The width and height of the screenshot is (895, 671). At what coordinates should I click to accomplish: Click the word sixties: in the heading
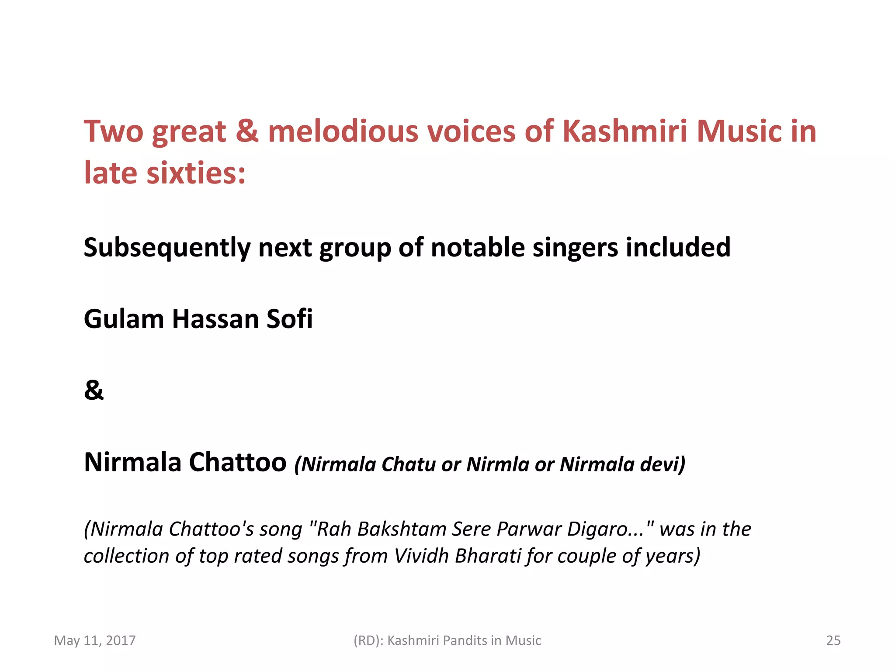(196, 173)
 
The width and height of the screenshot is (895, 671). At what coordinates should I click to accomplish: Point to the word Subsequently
(167, 248)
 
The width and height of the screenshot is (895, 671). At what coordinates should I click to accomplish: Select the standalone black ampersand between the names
(94, 390)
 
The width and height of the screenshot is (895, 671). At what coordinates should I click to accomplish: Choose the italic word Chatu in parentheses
(409, 464)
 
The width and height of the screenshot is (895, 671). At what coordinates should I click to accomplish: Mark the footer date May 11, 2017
(95, 640)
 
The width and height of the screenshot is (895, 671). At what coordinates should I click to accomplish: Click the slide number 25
(833, 640)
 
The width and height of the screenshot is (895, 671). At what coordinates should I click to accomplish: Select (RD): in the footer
(368, 640)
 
